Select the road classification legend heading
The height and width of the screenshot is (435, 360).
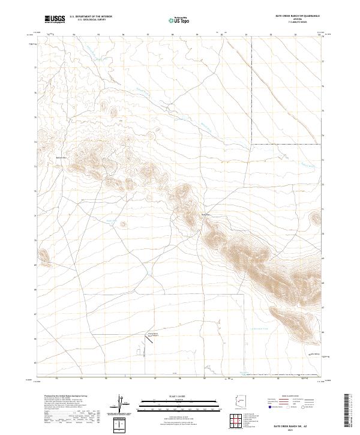(x=283, y=397)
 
